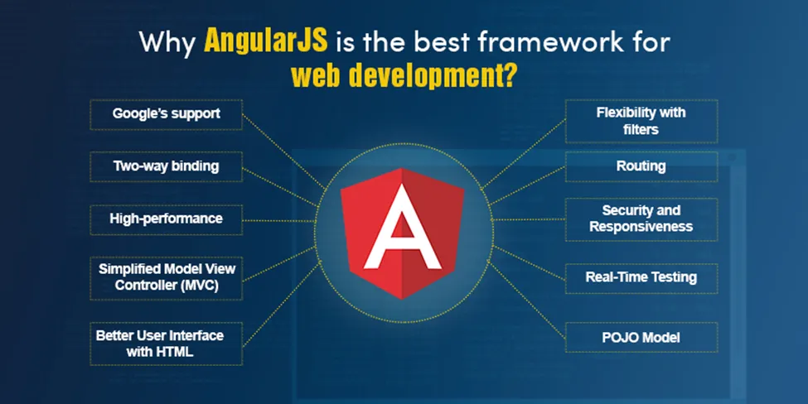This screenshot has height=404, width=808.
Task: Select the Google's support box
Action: [166, 114]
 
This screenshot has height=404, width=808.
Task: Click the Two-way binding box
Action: [166, 166]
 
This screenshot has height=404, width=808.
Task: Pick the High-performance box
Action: [166, 219]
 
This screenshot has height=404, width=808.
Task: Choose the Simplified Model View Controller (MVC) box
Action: [166, 278]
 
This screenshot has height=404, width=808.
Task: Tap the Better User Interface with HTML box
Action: [166, 344]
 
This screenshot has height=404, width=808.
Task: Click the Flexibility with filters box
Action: [641, 122]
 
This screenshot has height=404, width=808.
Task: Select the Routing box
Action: [641, 166]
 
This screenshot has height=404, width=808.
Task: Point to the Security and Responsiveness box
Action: [641, 219]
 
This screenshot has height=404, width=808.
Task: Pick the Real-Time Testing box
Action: [641, 278]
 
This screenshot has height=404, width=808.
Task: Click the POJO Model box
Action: [641, 338]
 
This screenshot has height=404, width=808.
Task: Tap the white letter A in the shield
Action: [402, 232]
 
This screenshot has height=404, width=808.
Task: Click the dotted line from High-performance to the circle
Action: [278, 221]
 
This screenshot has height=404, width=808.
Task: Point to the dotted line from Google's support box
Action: [284, 151]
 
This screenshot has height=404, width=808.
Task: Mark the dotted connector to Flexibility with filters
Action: [524, 153]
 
